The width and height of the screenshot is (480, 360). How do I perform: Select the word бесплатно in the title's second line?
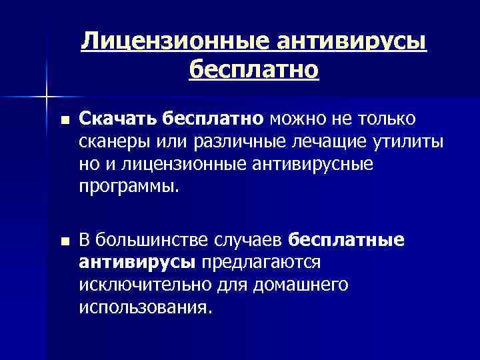(254, 69)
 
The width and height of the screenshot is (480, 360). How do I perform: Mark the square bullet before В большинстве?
(64, 242)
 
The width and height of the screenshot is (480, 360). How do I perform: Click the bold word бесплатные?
(347, 240)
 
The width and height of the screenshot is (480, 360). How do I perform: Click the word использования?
(146, 308)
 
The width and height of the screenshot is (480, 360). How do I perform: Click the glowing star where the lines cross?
(47, 97)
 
